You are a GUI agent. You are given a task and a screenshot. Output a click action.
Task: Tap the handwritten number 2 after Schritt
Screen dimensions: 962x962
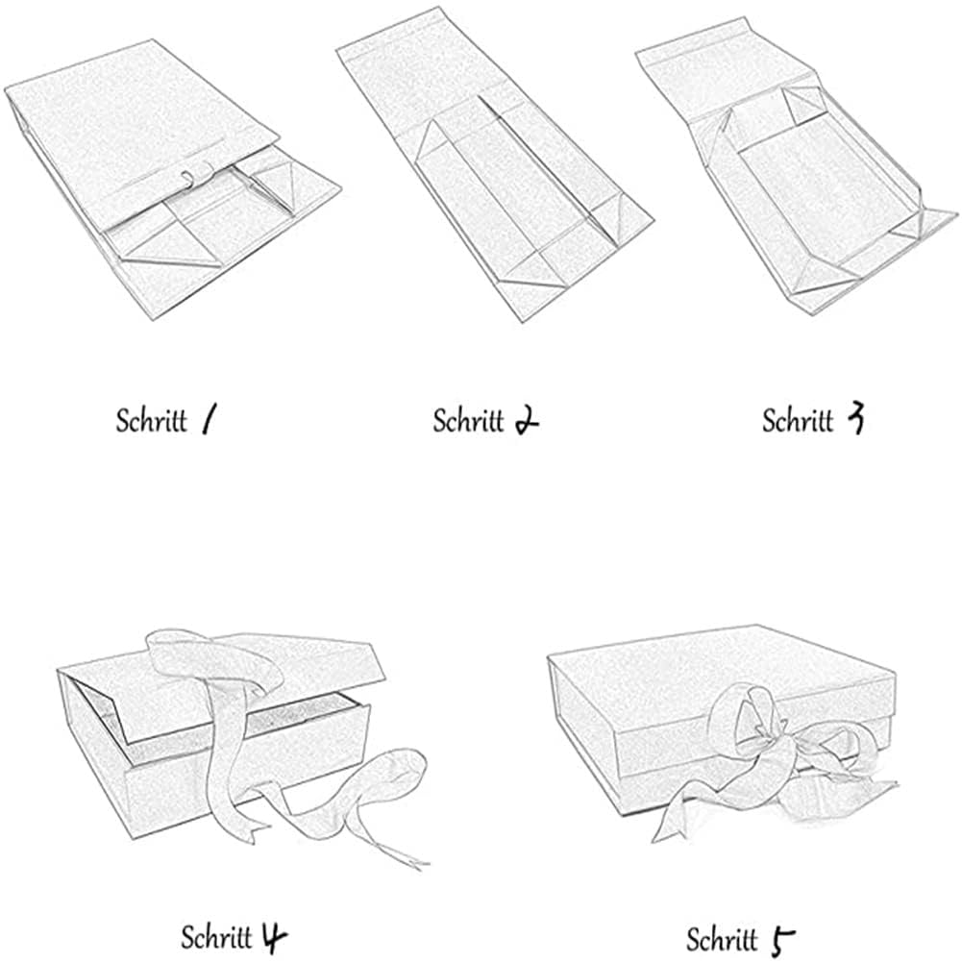pos(526,421)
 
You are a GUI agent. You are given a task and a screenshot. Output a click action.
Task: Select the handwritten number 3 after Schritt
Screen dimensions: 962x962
pos(854,418)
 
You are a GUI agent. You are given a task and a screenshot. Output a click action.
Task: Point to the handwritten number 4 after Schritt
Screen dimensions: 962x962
pos(274,937)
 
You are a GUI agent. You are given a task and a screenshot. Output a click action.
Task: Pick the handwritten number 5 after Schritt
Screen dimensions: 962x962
pos(783,942)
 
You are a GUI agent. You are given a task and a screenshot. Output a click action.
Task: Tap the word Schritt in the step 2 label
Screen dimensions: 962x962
pos(468,421)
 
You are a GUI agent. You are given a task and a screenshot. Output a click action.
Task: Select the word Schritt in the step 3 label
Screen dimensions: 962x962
pos(799,420)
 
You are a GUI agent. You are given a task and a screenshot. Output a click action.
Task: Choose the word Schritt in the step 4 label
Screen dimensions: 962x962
pos(216,937)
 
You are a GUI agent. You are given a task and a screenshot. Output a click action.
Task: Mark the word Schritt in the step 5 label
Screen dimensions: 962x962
pos(722,940)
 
